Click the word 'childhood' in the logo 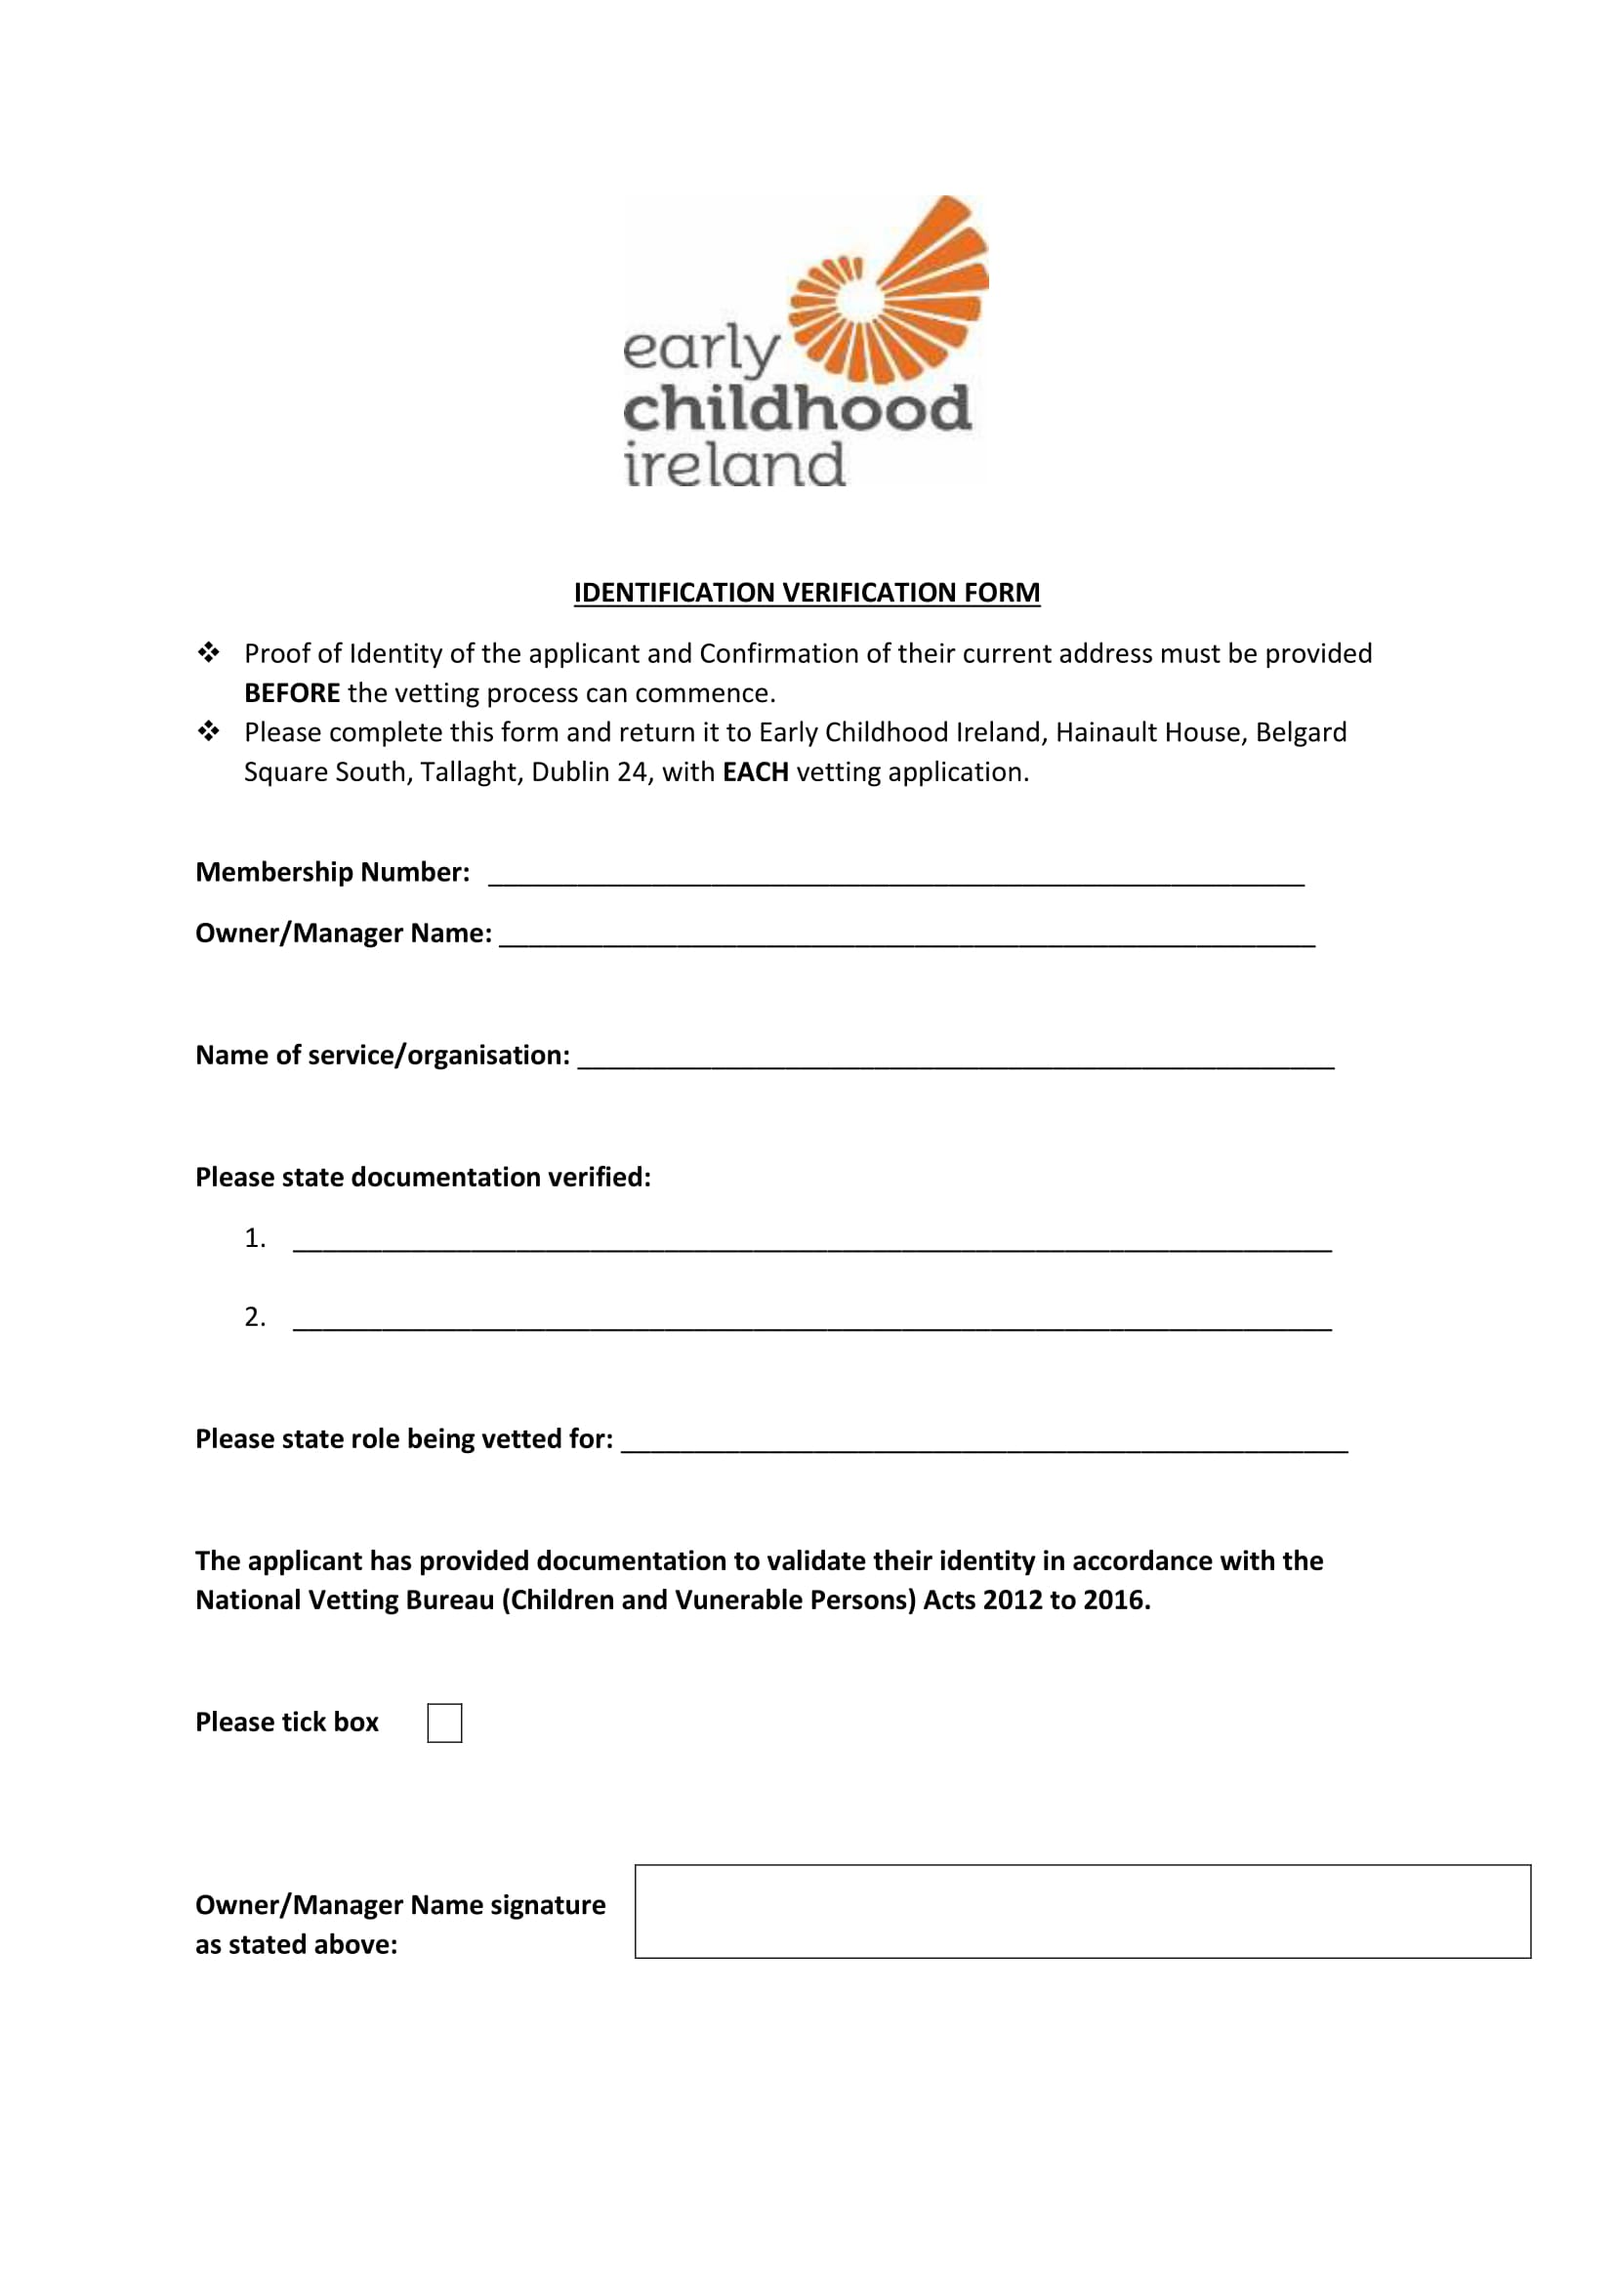[797, 410]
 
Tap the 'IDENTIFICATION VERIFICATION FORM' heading [807, 593]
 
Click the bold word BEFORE [291, 693]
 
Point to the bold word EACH [755, 773]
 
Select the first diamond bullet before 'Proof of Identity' [209, 653]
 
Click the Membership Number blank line [895, 875]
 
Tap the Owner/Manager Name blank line [906, 937]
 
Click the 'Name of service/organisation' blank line [955, 1059]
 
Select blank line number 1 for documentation [811, 1241]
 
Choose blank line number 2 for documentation [811, 1320]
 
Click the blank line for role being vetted [983, 1442]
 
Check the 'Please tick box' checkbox [444, 1723]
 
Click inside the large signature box [1082, 1911]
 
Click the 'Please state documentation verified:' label [423, 1178]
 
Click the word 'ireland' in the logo [735, 466]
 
